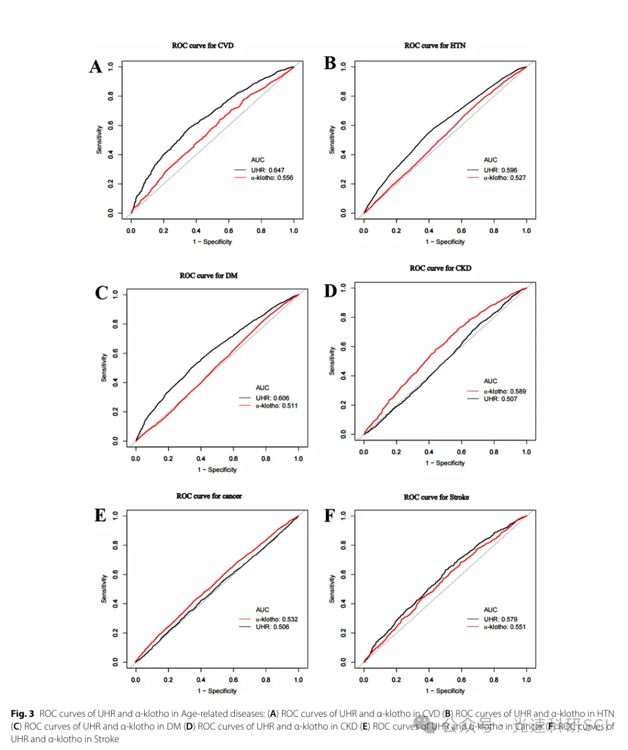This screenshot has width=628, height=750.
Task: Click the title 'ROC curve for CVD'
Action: (x=202, y=45)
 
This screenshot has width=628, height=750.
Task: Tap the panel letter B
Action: (x=330, y=63)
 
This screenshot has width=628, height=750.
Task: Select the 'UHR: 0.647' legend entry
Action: (x=267, y=170)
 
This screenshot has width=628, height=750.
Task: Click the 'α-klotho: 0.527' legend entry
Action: (x=504, y=178)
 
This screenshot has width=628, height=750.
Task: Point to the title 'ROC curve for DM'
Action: (x=208, y=276)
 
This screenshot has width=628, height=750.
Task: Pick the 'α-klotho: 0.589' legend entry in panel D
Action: (x=504, y=391)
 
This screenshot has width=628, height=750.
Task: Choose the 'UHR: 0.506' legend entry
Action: (x=272, y=627)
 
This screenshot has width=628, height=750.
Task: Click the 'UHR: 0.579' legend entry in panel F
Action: (x=500, y=619)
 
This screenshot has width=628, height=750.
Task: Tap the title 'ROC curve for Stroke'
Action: (x=436, y=497)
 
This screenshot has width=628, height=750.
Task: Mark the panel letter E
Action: (x=101, y=516)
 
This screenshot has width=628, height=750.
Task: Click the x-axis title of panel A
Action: (x=212, y=242)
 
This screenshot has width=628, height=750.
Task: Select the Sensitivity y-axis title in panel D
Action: (x=332, y=361)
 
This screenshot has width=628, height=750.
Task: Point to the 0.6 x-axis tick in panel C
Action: (x=233, y=459)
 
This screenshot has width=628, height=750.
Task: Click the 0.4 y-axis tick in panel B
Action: (x=344, y=155)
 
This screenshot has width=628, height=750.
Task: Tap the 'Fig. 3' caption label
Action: (x=22, y=713)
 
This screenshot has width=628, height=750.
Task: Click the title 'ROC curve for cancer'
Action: (x=209, y=496)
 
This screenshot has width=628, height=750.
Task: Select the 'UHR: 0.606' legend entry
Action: (x=272, y=398)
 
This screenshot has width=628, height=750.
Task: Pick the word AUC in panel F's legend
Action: (x=490, y=609)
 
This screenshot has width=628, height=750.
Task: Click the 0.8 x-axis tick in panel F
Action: (x=494, y=680)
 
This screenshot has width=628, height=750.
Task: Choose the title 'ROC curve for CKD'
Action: (x=440, y=268)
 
